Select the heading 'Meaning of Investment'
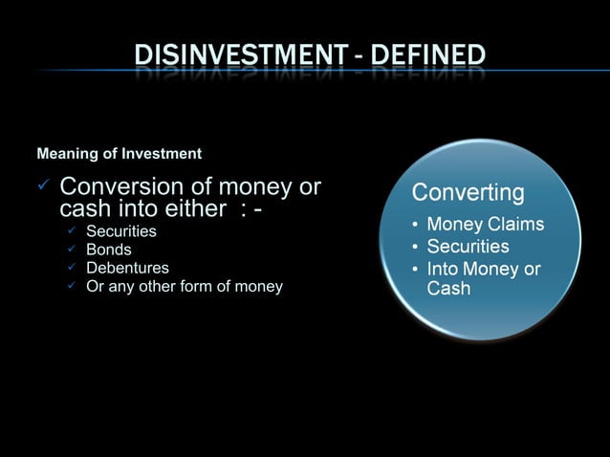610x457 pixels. click(119, 153)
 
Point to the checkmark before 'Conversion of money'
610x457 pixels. click(42, 185)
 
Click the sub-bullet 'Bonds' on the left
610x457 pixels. click(109, 250)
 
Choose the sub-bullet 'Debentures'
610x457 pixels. click(127, 268)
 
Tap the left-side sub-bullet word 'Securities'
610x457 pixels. click(121, 231)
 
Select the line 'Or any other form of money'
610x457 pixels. click(185, 286)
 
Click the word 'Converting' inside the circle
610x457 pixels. click(468, 193)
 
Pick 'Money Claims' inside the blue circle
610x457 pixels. click(485, 225)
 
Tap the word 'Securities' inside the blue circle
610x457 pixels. click(468, 247)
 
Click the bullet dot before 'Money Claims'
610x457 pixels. click(415, 226)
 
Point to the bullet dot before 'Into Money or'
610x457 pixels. click(415, 270)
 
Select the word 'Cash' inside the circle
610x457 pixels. click(448, 288)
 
